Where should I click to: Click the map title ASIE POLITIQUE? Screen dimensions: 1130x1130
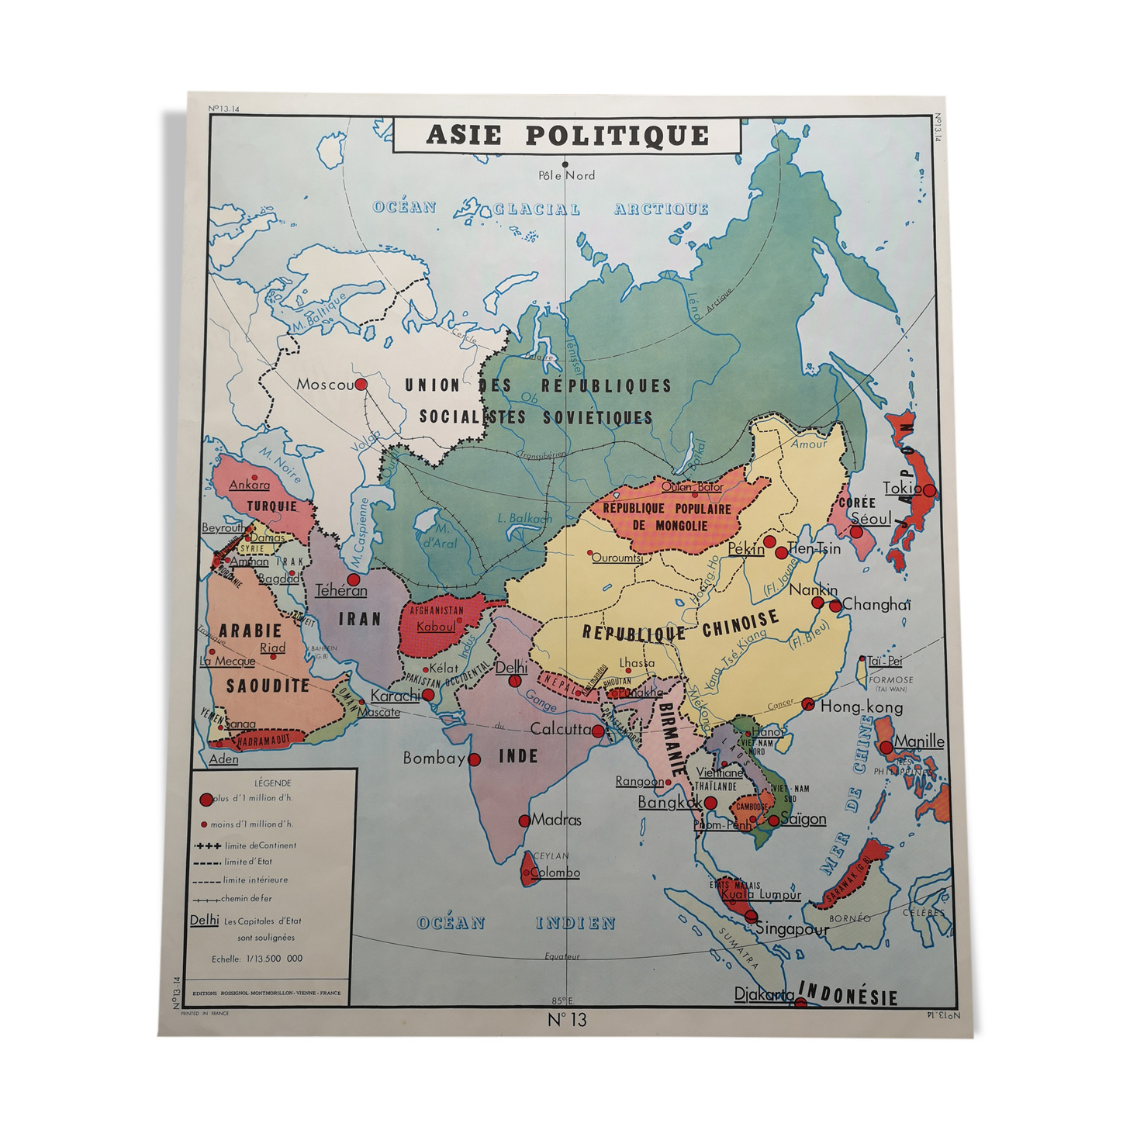point(567,136)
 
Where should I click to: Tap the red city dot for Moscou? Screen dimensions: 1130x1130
point(361,384)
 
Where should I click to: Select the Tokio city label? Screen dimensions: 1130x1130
point(902,488)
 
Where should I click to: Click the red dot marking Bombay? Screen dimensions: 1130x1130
point(474,759)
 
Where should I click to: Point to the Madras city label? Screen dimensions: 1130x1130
point(556,819)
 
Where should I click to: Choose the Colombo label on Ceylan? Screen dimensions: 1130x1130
point(555,873)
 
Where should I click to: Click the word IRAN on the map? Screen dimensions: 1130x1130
point(360,618)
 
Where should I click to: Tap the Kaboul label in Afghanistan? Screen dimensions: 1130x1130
point(436,626)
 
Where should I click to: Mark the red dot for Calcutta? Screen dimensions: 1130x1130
point(598,731)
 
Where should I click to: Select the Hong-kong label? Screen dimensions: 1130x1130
point(862,707)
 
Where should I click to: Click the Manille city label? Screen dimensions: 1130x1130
point(919,741)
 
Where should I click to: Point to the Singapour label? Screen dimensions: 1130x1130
point(792,928)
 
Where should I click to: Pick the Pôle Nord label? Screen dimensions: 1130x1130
point(566,175)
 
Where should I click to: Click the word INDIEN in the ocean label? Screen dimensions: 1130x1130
point(575,923)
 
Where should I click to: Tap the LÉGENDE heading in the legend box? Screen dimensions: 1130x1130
point(273,783)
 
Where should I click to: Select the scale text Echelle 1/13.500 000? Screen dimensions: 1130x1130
point(257,959)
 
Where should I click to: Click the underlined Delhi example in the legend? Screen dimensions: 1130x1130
point(205,920)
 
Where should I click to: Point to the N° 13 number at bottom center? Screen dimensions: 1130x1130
point(568,1019)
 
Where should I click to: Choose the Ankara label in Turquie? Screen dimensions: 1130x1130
point(250,485)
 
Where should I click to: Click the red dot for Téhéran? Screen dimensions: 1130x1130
point(354,579)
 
